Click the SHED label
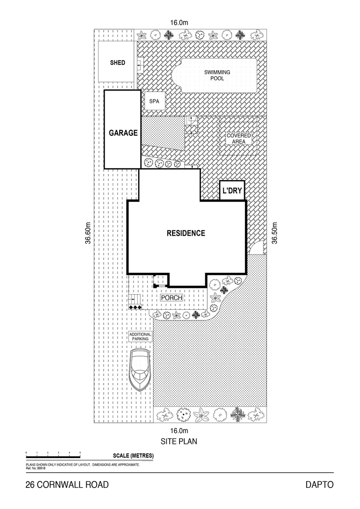point(117,63)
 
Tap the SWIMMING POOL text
point(217,75)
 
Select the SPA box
point(154,101)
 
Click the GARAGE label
point(123,133)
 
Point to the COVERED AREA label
point(239,138)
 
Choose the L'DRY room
point(232,191)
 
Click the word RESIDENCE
point(186,233)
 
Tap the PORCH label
point(172,298)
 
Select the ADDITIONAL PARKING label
point(140,337)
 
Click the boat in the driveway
point(141,369)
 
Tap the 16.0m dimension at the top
point(179,22)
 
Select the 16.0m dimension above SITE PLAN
point(179,430)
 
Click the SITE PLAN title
point(179,442)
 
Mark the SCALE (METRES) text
point(133,456)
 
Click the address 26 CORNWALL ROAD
point(67,484)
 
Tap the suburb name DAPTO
point(319,484)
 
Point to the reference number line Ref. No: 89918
point(36,468)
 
